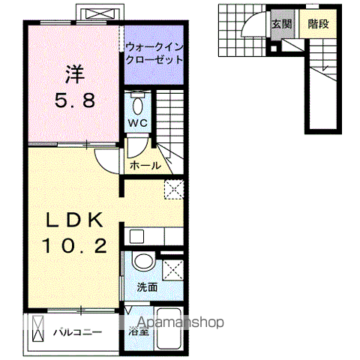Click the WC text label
coord(136,122)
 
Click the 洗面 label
coord(147,287)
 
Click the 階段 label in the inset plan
coord(318,23)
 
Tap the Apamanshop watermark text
coord(177,323)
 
